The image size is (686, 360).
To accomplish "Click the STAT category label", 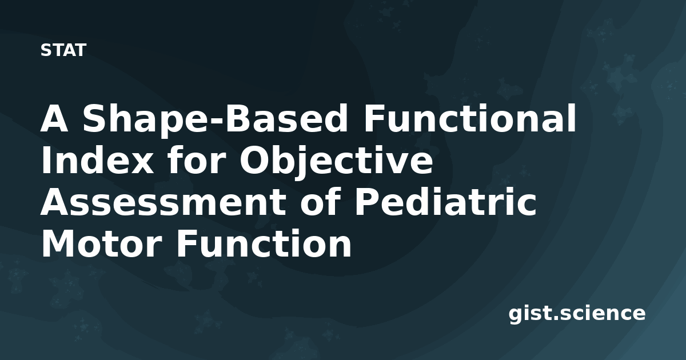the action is [x=63, y=50].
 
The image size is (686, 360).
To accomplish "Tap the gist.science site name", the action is [x=577, y=314].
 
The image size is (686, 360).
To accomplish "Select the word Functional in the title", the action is [x=469, y=118].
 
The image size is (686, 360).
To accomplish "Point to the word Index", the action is [x=97, y=160].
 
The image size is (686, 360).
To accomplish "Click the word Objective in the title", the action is [x=336, y=162].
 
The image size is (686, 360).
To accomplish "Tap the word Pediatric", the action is [x=445, y=202].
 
